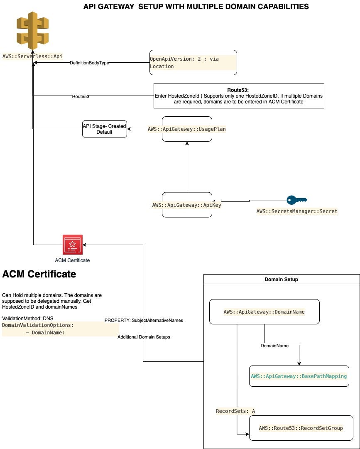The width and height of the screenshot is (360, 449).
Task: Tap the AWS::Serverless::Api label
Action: pos(33,56)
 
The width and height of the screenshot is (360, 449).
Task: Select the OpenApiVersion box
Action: pos(193,62)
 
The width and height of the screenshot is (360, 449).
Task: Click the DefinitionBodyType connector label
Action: pos(89,63)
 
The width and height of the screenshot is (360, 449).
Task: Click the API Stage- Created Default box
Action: pos(105,129)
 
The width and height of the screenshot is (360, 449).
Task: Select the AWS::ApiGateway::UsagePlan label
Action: pos(187,129)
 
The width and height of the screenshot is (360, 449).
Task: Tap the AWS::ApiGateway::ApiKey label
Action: pos(187,205)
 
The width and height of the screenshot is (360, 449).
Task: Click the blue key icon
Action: pos(296,200)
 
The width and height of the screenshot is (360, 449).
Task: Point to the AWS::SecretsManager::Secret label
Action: pos(297,211)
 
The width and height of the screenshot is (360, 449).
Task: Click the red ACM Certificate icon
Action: pos(73,245)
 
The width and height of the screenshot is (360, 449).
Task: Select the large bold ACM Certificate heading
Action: pos(39,274)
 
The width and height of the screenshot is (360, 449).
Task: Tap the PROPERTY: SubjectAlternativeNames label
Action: pos(144,320)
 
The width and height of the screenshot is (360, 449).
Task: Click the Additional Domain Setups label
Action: pos(144,337)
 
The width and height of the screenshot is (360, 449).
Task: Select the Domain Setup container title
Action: pos(281,280)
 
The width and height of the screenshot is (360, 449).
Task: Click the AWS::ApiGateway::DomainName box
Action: pos(264,312)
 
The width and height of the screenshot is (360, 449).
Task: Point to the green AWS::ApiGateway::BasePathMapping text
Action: pos(299,376)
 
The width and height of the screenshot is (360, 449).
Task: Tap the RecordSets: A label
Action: pos(235,411)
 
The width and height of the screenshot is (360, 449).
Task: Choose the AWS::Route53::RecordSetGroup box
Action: pos(301,428)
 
